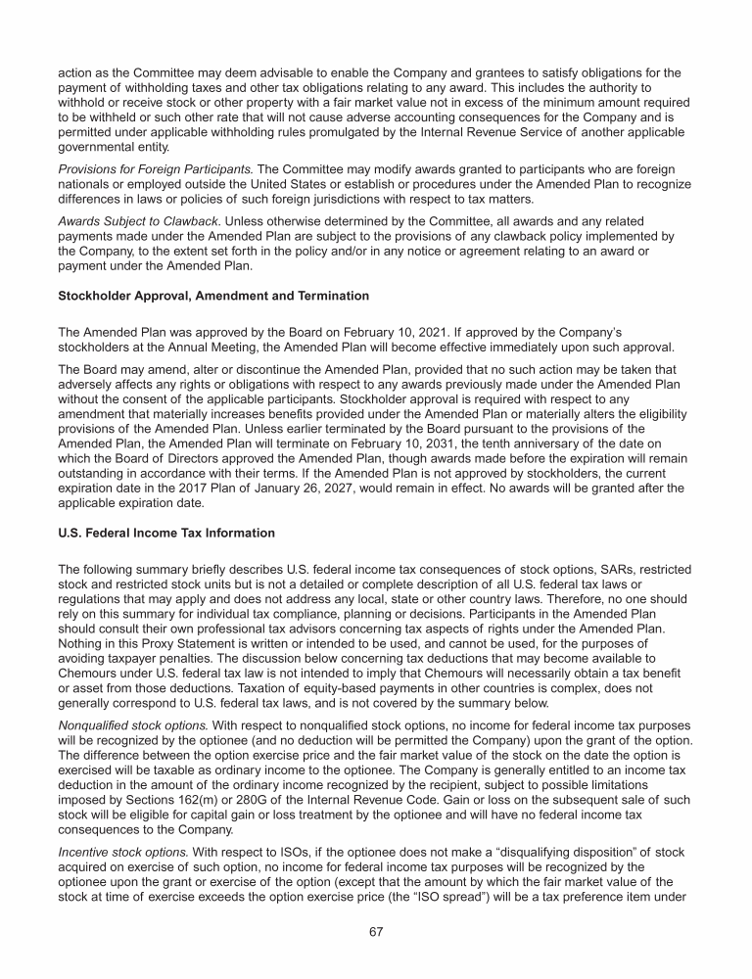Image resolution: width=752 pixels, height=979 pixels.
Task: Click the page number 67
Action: pos(375,931)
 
